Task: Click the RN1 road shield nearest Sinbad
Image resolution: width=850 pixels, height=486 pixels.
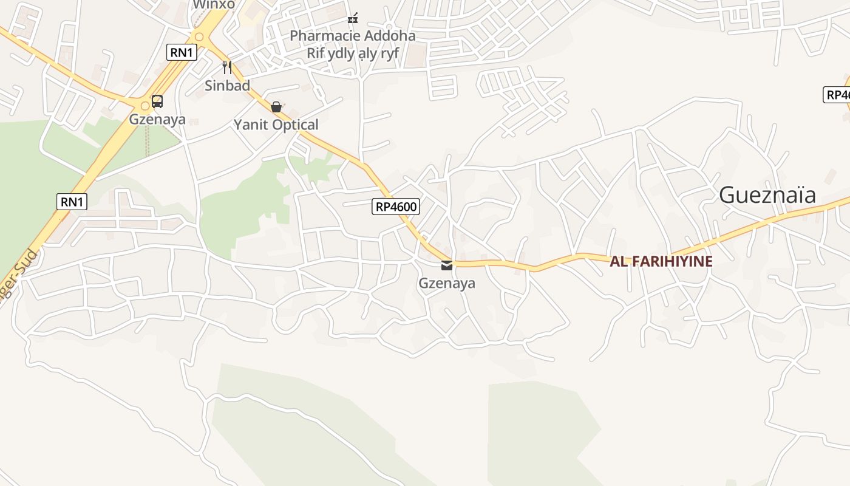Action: (182, 52)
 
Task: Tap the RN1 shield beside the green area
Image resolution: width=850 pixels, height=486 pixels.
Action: (72, 202)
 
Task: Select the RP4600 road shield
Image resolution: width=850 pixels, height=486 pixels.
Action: (396, 207)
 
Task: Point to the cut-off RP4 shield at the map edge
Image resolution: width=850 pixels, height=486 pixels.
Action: (837, 95)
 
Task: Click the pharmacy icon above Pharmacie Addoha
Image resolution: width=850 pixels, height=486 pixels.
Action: (353, 18)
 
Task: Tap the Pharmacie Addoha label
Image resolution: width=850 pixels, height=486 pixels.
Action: (352, 35)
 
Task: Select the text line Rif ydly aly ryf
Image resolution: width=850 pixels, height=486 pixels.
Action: (352, 53)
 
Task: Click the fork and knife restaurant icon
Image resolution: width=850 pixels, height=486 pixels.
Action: (227, 67)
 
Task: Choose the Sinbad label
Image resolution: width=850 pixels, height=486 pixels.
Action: (227, 86)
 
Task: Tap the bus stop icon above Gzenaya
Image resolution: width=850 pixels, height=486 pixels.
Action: (157, 101)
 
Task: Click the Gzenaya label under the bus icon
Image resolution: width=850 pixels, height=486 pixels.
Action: (157, 119)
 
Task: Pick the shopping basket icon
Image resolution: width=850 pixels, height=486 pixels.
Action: (276, 107)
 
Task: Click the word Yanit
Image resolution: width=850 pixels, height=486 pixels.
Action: (252, 125)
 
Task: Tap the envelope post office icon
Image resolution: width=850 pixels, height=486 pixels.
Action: (447, 265)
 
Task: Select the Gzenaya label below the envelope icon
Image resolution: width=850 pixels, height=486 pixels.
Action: (447, 283)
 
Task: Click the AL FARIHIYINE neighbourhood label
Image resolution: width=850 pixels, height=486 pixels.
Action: (661, 261)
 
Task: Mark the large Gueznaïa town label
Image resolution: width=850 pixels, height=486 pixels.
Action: (767, 195)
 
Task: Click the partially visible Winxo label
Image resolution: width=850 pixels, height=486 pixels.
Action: (214, 5)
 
